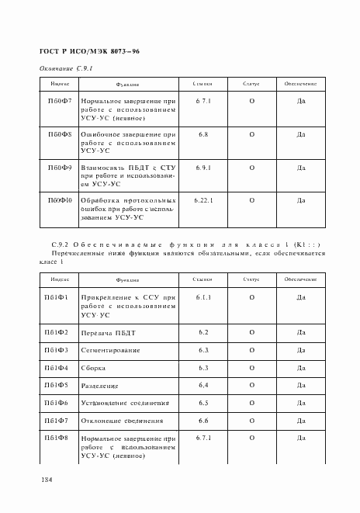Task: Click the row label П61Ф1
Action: [57, 297]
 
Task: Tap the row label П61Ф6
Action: [57, 403]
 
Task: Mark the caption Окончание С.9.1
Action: [66, 69]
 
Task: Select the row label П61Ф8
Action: [57, 438]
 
